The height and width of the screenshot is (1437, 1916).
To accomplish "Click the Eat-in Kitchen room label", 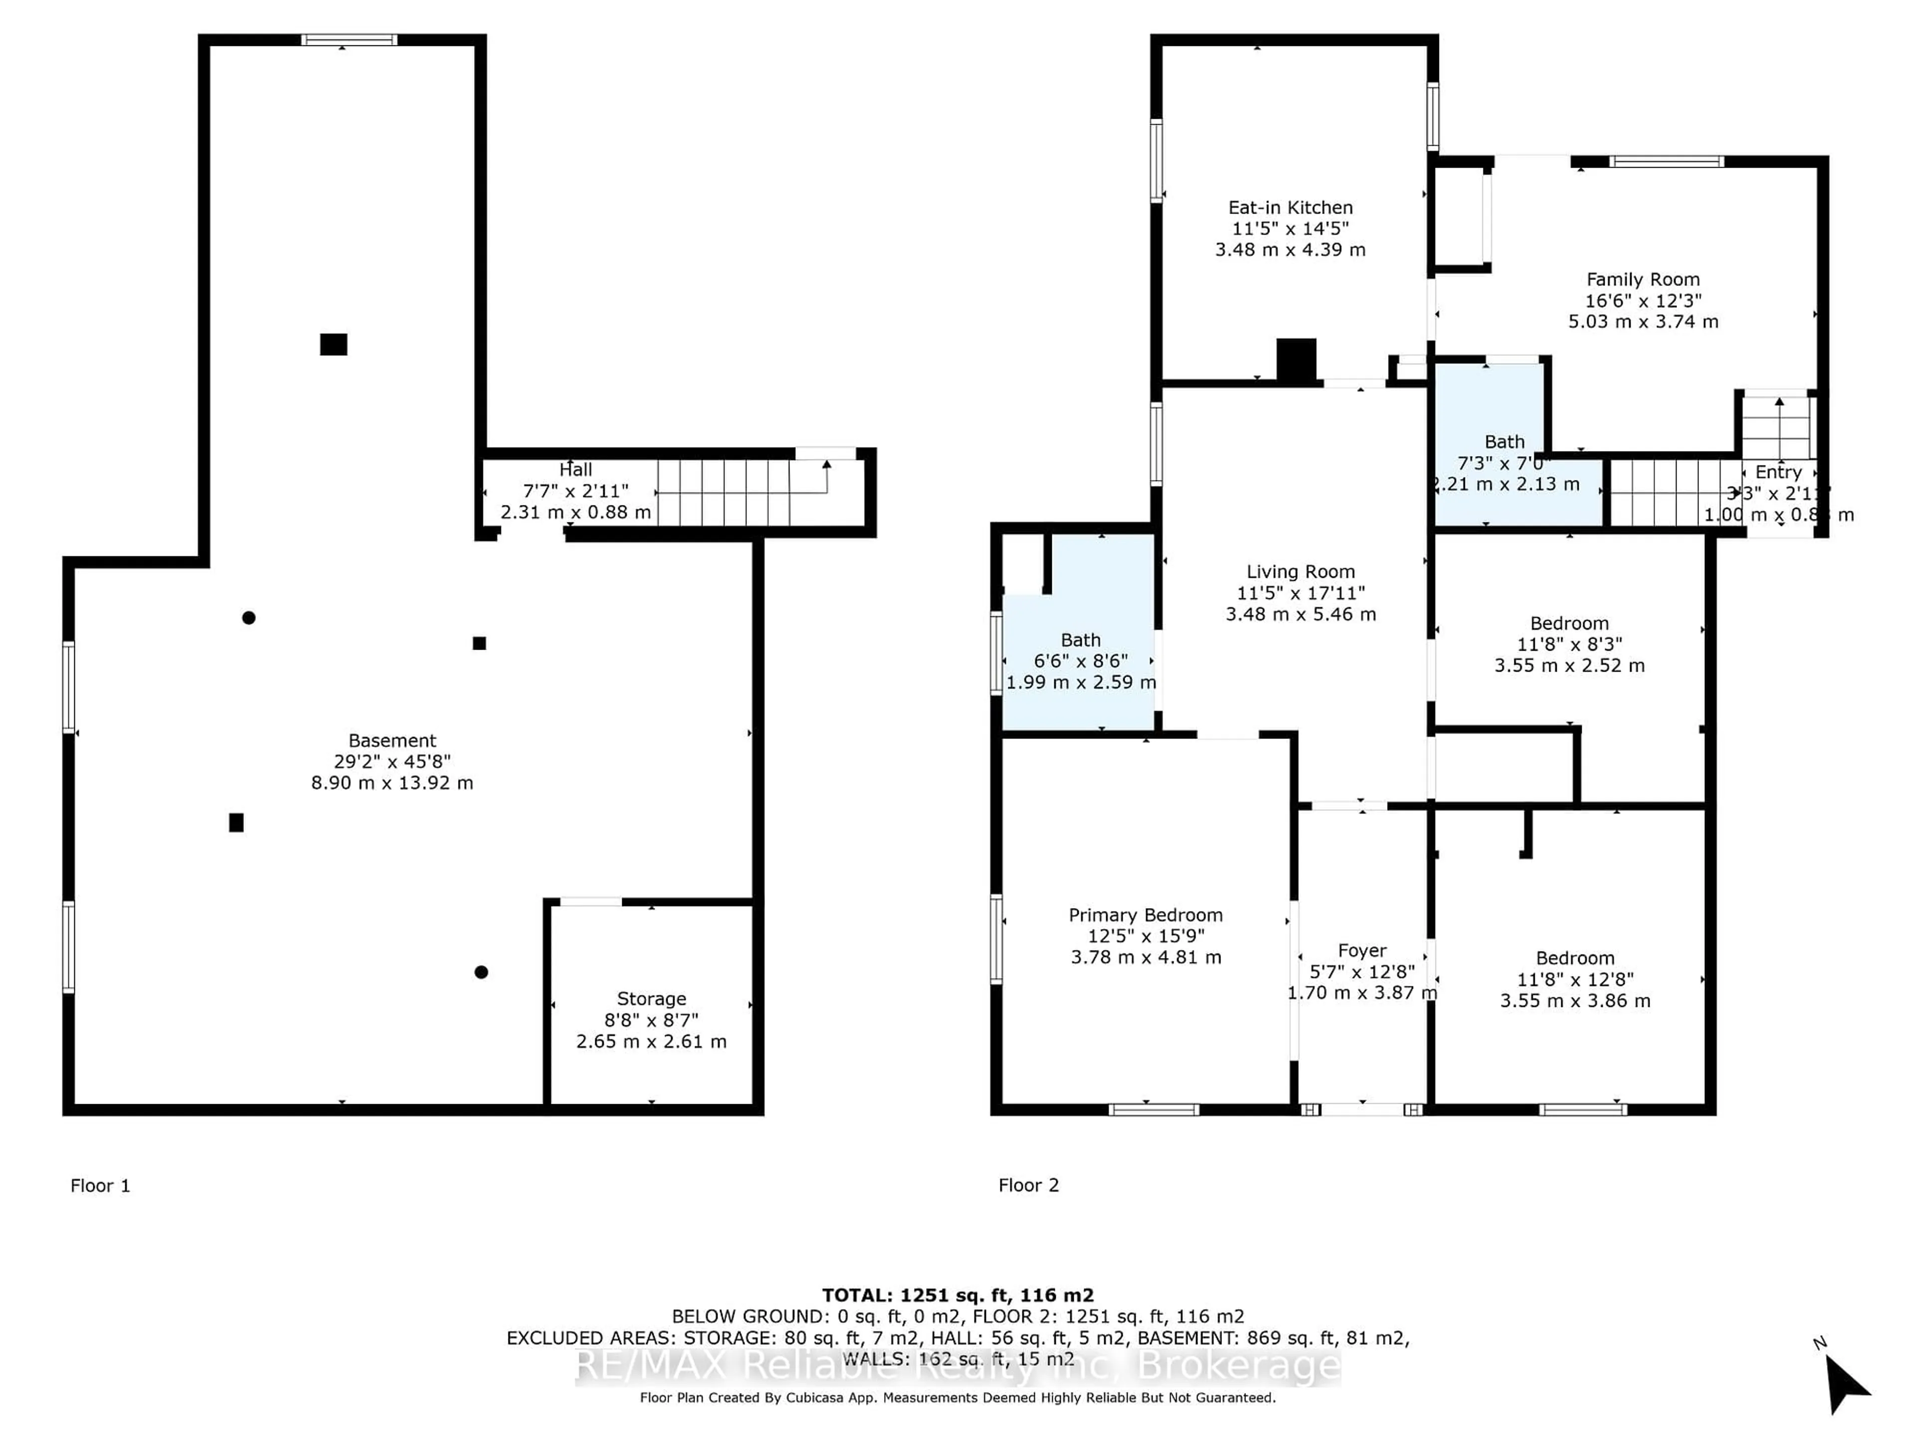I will point(1290,208).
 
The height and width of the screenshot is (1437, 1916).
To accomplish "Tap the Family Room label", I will point(1642,280).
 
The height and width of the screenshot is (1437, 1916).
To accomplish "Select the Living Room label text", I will point(1300,572).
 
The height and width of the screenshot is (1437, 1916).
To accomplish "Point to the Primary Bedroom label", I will point(1145,916).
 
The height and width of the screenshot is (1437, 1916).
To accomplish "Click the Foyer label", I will point(1362,951).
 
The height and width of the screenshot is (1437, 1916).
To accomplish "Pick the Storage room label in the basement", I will point(651,999).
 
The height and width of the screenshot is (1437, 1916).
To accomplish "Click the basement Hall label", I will point(575,470).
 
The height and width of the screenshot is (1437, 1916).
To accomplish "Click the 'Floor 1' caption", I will point(100,1186).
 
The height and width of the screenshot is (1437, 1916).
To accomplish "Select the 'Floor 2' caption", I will point(1028,1186).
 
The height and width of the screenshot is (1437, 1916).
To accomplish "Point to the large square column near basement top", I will point(333,345).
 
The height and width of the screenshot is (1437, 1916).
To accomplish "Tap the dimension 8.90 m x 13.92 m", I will point(392,783).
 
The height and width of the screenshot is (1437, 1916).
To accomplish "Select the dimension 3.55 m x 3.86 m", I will point(1575,1001).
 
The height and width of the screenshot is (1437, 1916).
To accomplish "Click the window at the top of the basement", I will point(349,40).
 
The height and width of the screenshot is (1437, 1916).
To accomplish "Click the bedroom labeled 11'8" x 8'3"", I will point(1569,645).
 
